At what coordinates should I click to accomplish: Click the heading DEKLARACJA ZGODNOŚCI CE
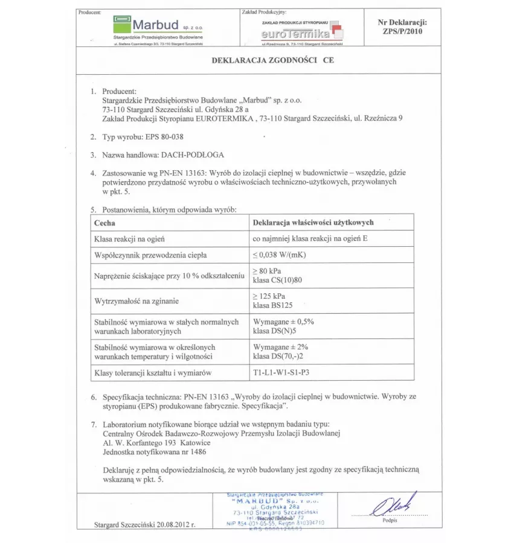coord(272,60)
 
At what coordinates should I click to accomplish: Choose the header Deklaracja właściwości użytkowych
coord(313,223)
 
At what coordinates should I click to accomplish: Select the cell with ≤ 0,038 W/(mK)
coord(278,255)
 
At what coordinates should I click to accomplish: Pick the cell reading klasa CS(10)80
coord(277,281)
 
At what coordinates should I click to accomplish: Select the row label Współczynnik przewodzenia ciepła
coord(150,255)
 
